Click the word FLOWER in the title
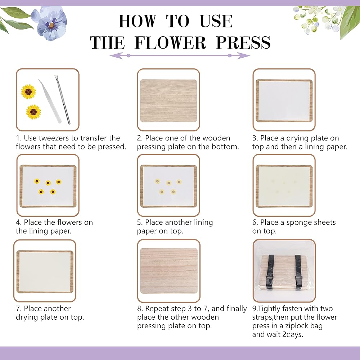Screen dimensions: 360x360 coord(170,42)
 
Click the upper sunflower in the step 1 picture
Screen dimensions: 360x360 coord(28,92)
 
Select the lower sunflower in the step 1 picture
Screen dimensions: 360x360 coord(33,112)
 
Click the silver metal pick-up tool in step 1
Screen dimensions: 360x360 coord(62,99)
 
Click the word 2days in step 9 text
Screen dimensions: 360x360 coord(293,335)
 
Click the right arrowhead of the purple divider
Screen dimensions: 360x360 coord(243,55)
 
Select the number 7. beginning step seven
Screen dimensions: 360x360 coord(19,309)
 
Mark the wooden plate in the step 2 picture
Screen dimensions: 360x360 coord(168,101)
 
